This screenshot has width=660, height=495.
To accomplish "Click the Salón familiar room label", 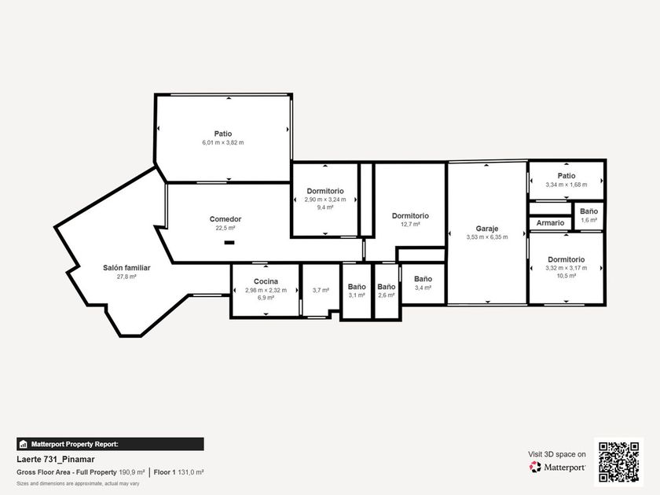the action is click(126, 268).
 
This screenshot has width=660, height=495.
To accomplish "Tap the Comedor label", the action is click(225, 219).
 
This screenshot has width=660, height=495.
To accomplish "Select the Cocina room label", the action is click(266, 281).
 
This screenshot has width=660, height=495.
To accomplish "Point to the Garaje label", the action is click(486, 229).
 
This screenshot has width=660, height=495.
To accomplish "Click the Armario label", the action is click(550, 222).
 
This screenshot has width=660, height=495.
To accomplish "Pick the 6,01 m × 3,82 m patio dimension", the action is click(222, 143).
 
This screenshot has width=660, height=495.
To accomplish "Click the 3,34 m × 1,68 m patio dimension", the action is click(566, 185).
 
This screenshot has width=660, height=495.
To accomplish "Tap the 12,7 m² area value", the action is click(410, 225).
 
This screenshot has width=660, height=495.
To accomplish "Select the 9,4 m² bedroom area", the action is click(325, 207).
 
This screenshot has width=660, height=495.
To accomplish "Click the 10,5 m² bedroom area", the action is click(566, 276).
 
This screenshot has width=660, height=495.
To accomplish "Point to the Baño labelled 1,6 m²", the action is click(588, 211).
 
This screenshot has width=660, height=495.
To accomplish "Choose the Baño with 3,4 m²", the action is click(423, 279).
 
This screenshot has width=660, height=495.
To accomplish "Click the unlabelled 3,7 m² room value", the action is click(321, 290).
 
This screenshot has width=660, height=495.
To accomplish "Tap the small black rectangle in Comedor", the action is click(229, 243).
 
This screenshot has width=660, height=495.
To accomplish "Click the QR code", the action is click(619, 462).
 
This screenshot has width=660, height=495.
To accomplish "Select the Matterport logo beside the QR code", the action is click(557, 467).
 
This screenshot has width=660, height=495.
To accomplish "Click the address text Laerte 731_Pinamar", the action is click(56, 459).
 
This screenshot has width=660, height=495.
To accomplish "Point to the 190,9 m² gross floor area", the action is click(132, 472).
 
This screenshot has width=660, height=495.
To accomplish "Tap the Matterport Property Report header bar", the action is click(110, 444).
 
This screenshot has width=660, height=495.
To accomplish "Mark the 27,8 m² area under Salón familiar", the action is click(126, 277).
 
